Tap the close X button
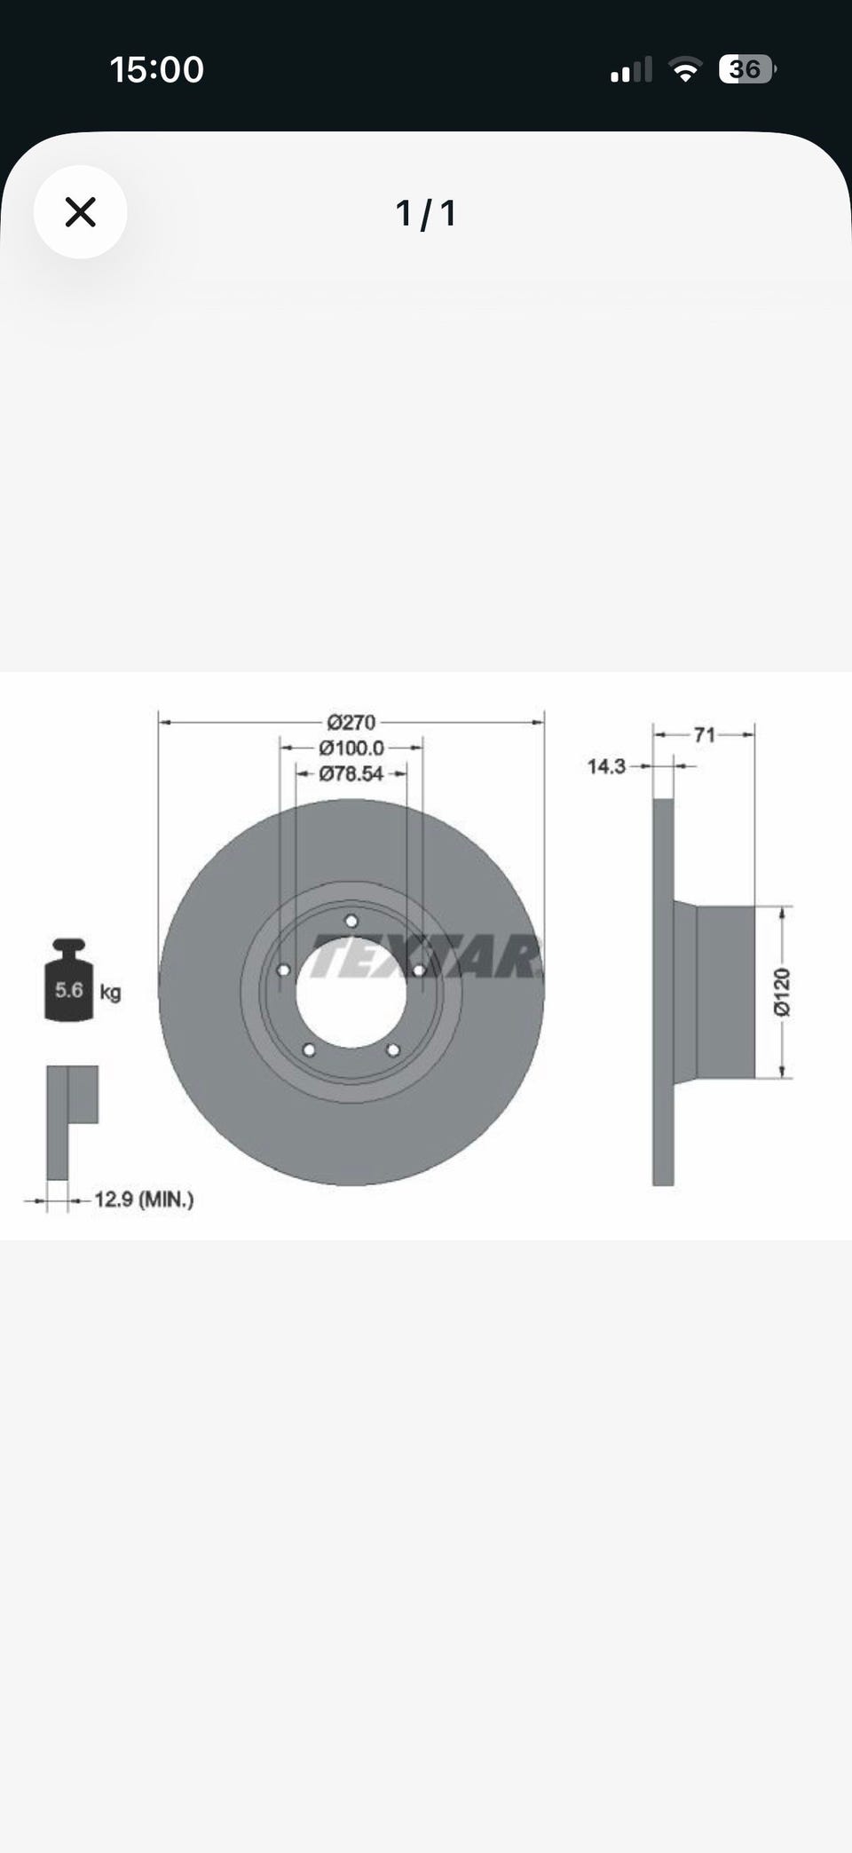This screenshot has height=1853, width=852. point(81,212)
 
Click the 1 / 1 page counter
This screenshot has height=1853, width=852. point(426,213)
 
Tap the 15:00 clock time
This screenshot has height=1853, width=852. point(157,69)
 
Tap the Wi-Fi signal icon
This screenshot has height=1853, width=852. point(684,69)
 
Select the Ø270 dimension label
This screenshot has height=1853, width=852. point(351,723)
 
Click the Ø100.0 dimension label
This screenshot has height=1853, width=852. point(351,748)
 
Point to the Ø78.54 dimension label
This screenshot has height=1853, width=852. point(351,774)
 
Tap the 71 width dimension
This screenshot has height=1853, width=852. point(705,735)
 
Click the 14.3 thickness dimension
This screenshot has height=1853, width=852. point(607,766)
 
